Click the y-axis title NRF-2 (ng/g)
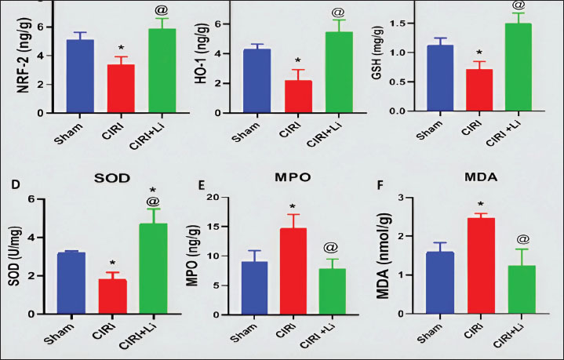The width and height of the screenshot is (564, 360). pos(26,66)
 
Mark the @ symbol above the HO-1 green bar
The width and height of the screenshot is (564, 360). pos(338,13)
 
